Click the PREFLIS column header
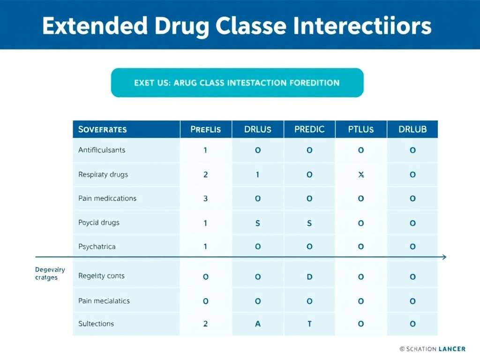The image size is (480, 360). tap(205, 129)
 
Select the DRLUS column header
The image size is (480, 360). tap(258, 129)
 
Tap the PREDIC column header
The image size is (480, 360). tap(309, 129)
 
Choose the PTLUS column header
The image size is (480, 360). tap(361, 129)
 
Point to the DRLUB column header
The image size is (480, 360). tap(412, 129)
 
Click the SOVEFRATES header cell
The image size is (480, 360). tap(103, 129)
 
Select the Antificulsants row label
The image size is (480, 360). tap(102, 150)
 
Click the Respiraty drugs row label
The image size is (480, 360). tap(103, 174)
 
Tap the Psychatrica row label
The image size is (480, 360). tap(97, 247)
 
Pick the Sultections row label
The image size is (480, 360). tap(96, 323)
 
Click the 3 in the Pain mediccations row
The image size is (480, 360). tap(205, 198)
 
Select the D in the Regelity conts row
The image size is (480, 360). tap(309, 277)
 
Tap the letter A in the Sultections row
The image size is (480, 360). tap(258, 323)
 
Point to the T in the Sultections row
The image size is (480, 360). tap(309, 323)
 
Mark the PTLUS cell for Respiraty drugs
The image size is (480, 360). tap(361, 174)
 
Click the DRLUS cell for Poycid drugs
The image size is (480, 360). tap(258, 223)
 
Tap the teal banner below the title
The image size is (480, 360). tap(237, 83)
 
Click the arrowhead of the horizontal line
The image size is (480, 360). tap(444, 257)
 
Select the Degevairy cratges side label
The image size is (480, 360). tap(50, 274)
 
